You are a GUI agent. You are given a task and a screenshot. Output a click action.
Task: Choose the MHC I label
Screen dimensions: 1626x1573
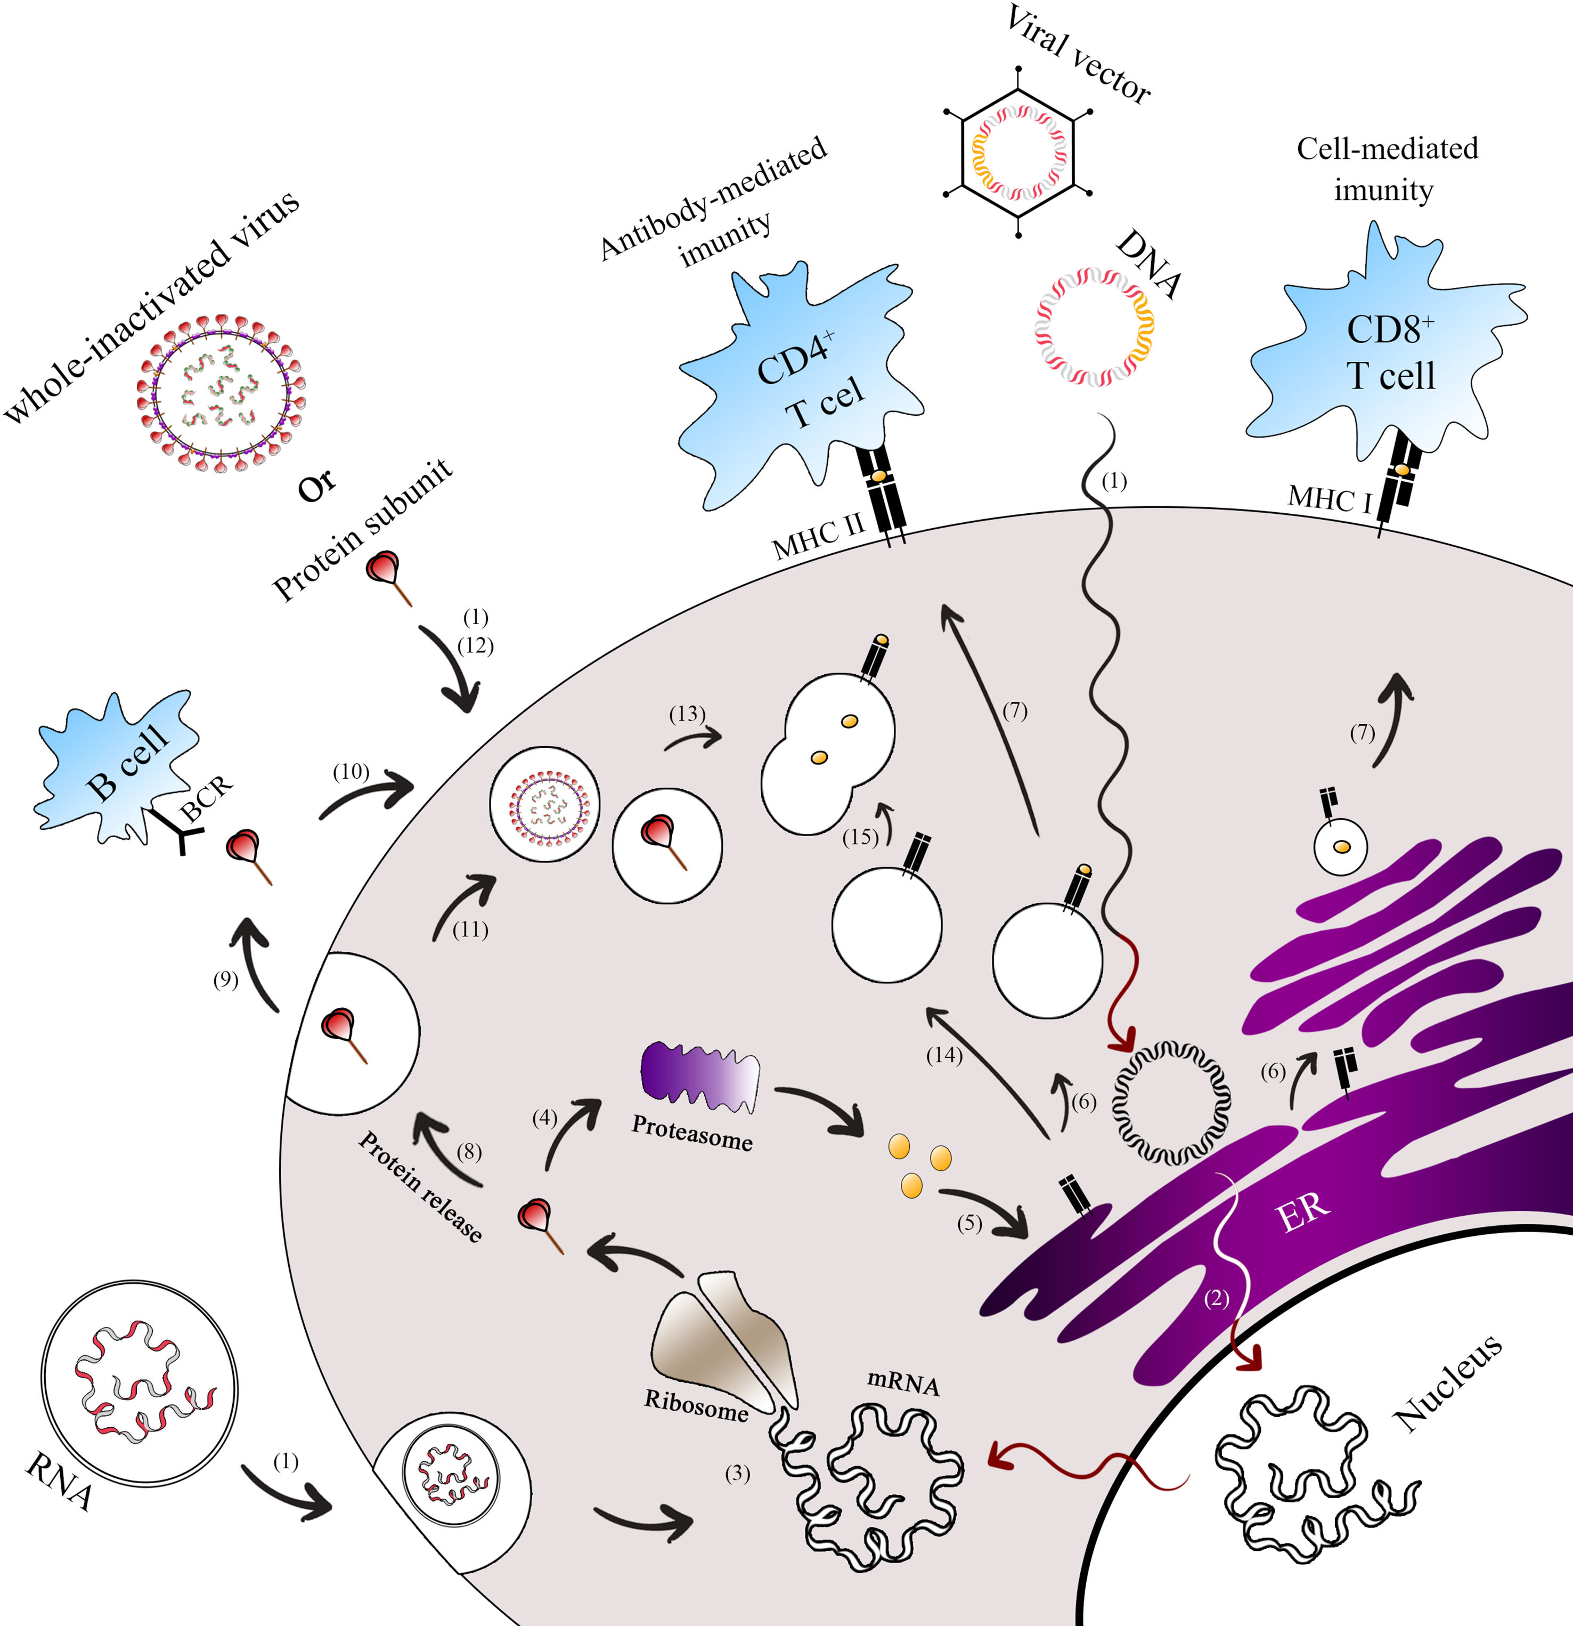coord(1329,499)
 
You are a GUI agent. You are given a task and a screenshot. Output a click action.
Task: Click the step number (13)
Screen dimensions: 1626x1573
coord(687,714)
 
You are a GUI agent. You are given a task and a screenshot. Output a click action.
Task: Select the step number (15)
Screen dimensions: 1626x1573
coord(860,837)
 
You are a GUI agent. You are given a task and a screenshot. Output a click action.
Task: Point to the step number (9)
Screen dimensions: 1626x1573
coord(225,980)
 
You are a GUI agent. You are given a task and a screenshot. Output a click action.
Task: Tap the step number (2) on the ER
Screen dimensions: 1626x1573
coord(1216,1298)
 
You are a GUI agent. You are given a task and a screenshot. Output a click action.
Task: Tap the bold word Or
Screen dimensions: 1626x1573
coord(317,486)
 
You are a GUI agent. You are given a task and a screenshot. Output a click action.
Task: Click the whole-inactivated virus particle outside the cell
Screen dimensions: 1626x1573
coord(222,393)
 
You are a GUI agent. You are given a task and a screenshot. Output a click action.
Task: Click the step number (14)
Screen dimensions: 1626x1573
coord(943,1055)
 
